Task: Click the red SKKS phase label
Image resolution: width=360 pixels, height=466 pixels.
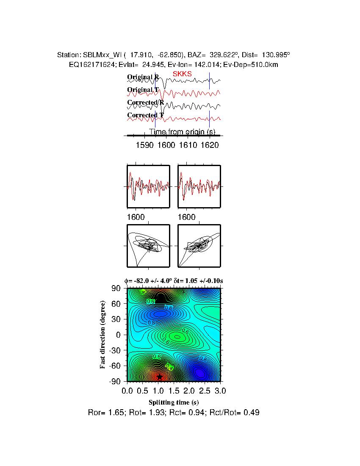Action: [x=182, y=74]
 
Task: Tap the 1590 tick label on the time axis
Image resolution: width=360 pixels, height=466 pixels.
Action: [x=144, y=145]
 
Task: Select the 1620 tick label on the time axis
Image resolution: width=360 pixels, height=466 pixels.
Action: [x=210, y=145]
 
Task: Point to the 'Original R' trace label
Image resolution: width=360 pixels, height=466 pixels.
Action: [x=143, y=77]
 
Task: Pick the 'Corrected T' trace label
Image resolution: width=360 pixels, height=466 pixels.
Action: [x=145, y=115]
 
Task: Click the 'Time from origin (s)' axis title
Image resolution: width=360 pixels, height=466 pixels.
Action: [x=182, y=132]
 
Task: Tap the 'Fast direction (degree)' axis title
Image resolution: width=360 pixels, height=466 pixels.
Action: [x=103, y=335]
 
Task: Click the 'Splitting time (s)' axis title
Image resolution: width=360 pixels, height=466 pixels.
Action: [x=174, y=402]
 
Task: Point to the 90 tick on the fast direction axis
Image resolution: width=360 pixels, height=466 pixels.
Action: [x=117, y=288]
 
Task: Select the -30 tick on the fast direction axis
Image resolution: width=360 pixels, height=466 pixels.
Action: [x=115, y=350]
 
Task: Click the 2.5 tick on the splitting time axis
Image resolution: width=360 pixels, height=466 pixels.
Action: [x=205, y=390]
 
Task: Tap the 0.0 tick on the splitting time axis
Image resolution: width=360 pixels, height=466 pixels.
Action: [x=127, y=390]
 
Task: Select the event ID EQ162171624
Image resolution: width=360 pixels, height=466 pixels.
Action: [x=91, y=64]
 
